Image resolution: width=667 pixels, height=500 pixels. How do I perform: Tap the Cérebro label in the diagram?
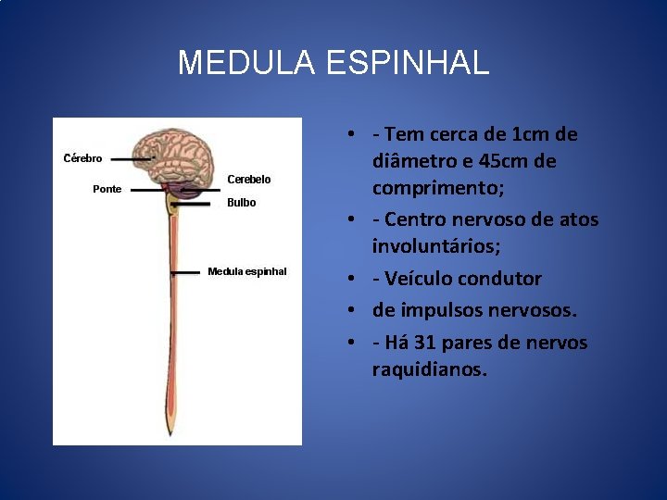point(82,158)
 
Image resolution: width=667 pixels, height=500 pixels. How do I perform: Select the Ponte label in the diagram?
point(107,190)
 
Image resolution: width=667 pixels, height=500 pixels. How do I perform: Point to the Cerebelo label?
point(249,180)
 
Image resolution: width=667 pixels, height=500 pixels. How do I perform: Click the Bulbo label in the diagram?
point(241,203)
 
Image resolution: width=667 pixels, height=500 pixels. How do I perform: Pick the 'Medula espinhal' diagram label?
point(247,271)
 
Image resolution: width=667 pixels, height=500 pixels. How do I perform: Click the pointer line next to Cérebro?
point(132,159)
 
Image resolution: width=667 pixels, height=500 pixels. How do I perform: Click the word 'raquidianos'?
point(427,369)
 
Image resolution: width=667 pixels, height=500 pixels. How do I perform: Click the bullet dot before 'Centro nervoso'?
point(354,220)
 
